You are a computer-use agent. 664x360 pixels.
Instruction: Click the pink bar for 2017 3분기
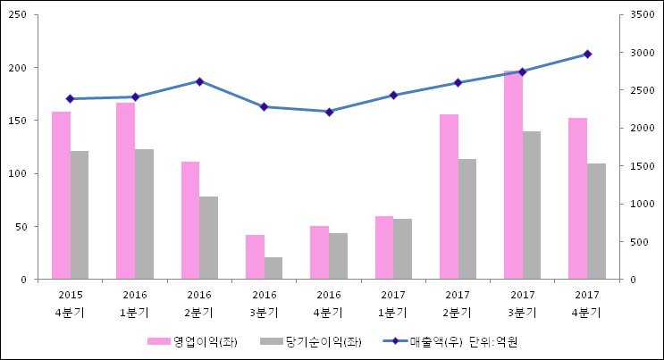pyautogui.click(x=513, y=175)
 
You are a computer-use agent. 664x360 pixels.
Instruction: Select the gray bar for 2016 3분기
pyautogui.click(x=273, y=268)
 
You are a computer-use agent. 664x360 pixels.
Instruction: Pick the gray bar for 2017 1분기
pyautogui.click(x=402, y=249)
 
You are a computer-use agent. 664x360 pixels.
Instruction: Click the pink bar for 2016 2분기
pyautogui.click(x=190, y=221)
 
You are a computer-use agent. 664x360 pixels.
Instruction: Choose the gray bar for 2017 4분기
pyautogui.click(x=596, y=222)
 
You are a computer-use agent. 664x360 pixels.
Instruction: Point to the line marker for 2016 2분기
pyautogui.click(x=199, y=81)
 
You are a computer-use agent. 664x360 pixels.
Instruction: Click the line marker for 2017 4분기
pyautogui.click(x=587, y=54)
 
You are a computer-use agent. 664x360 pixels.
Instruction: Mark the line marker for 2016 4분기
pyautogui.click(x=329, y=112)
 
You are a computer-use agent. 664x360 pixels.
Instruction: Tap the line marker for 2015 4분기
pyautogui.click(x=70, y=98)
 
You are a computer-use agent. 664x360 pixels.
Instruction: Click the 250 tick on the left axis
pyautogui.click(x=19, y=15)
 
